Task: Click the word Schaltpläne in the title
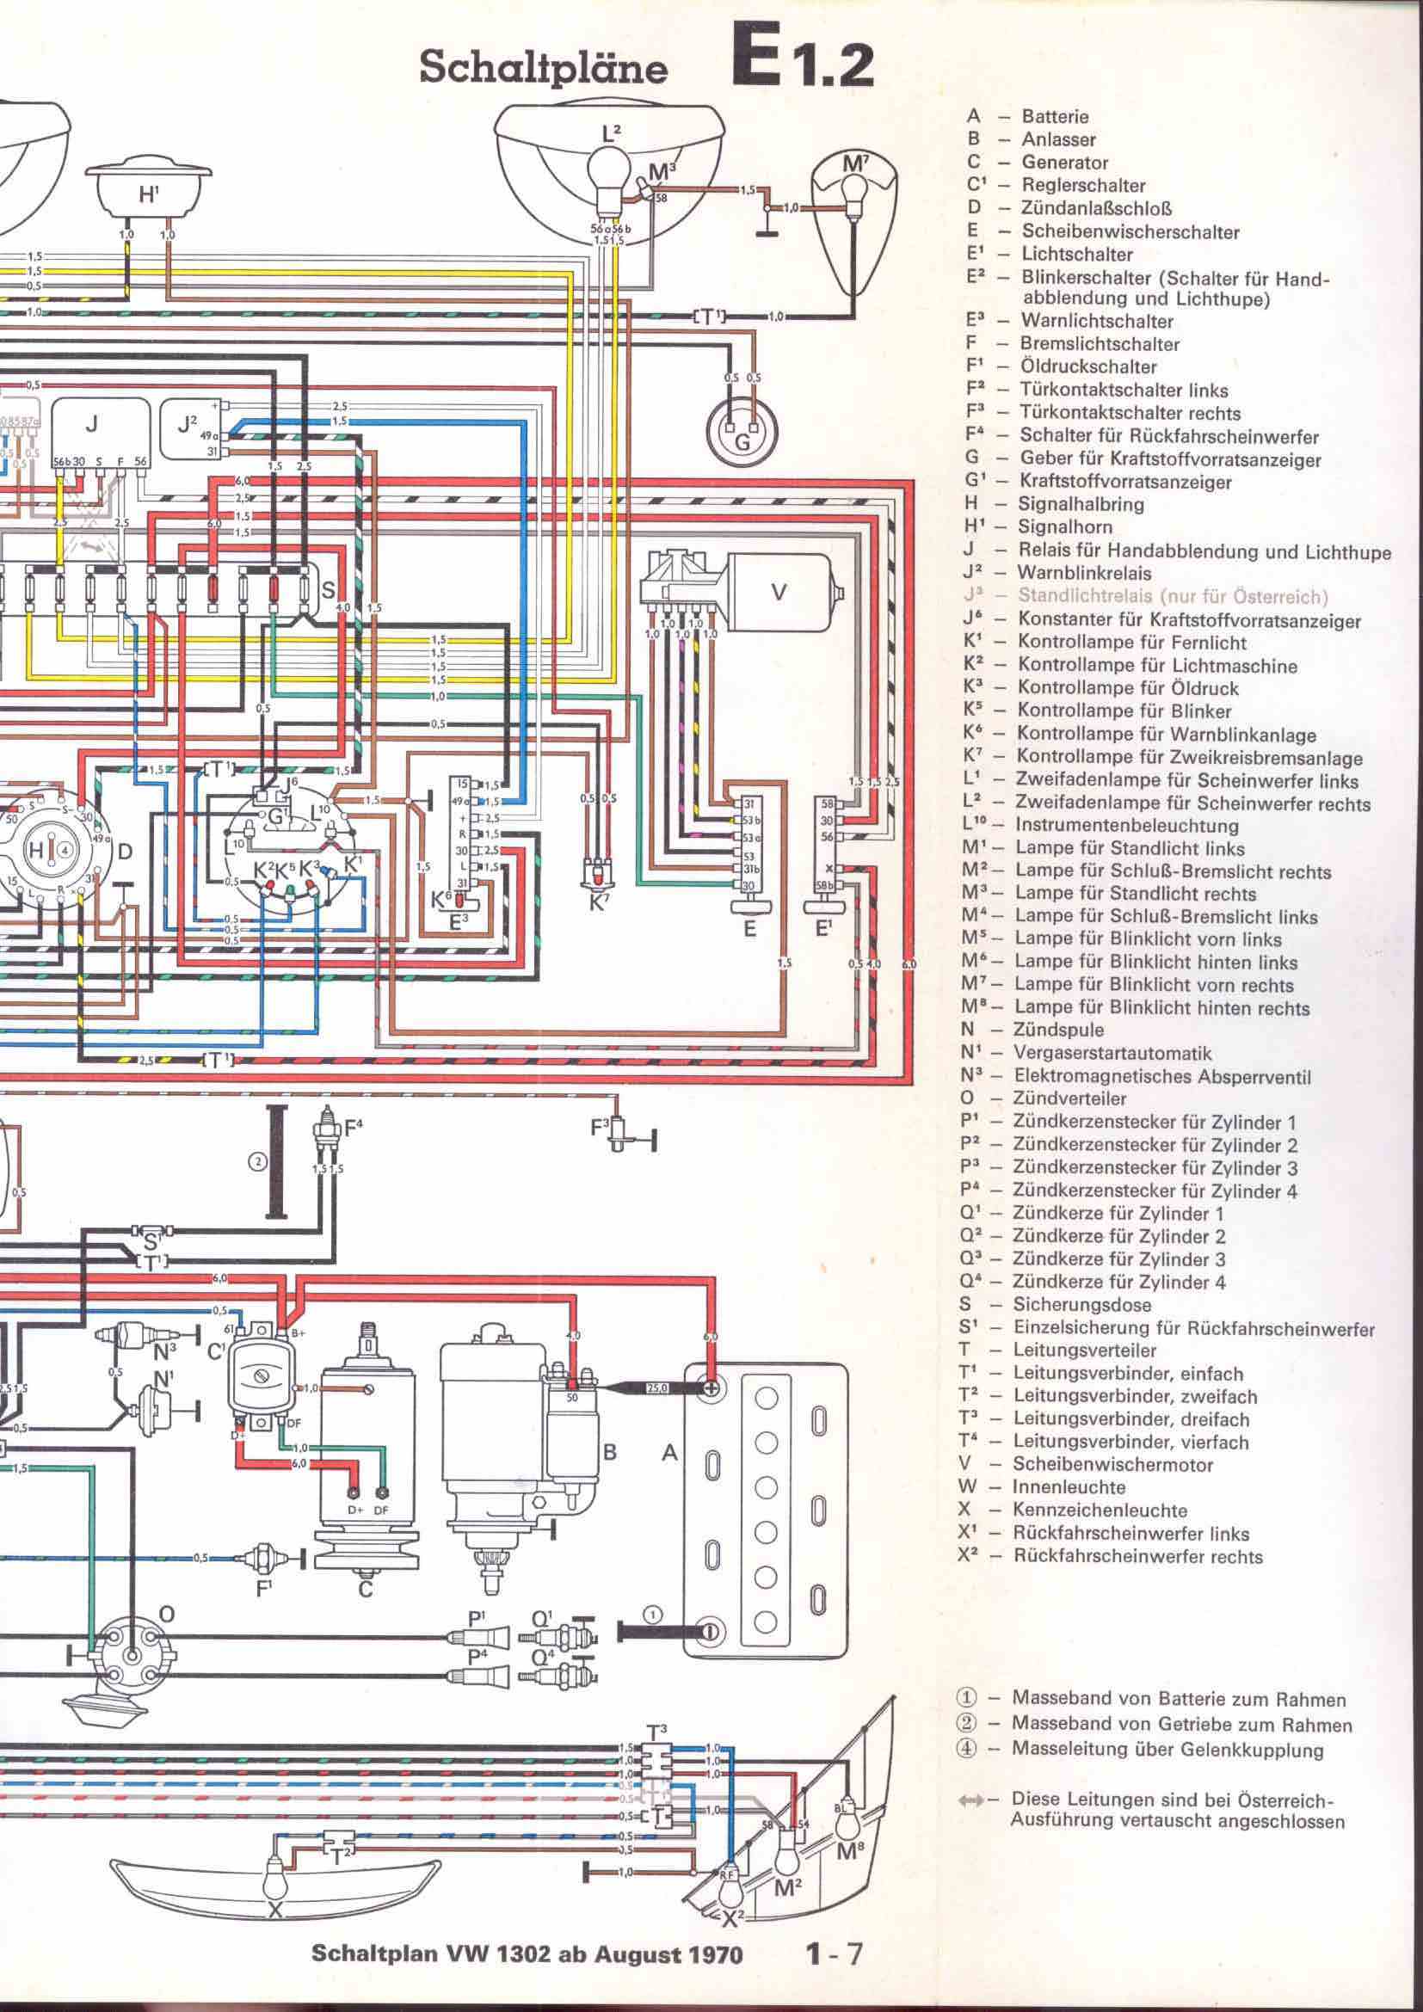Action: (x=543, y=67)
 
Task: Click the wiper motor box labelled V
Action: (x=777, y=593)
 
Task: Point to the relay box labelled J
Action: (x=92, y=425)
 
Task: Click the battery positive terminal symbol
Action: (x=711, y=1388)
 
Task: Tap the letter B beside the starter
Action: (x=611, y=1452)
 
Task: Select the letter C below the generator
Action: (x=366, y=1588)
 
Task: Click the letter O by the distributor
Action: (x=167, y=1613)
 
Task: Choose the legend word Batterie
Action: (x=1054, y=115)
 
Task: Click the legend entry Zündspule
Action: (x=1058, y=1030)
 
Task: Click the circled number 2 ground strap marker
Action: (x=256, y=1162)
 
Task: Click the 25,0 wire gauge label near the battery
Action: (x=657, y=1388)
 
